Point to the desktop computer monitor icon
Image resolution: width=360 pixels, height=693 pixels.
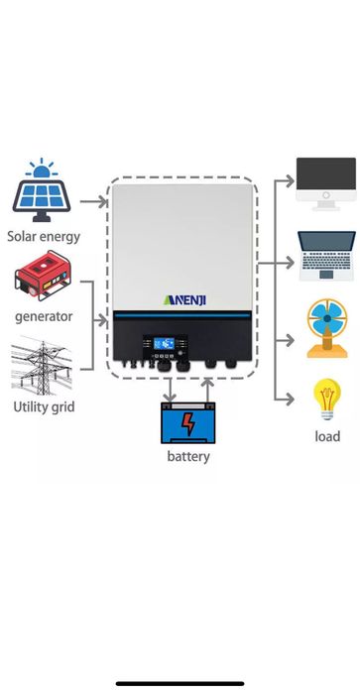tap(326, 182)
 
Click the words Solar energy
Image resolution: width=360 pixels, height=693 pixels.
tap(44, 237)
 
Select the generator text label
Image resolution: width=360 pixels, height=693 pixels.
tap(44, 316)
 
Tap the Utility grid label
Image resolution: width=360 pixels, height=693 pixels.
tap(44, 406)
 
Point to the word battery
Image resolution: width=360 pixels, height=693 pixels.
tap(188, 457)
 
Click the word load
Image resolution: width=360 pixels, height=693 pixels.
tap(327, 436)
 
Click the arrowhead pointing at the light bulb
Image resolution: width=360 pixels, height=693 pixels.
tap(291, 399)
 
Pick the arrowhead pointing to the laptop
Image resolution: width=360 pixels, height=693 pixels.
tap(291, 262)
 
